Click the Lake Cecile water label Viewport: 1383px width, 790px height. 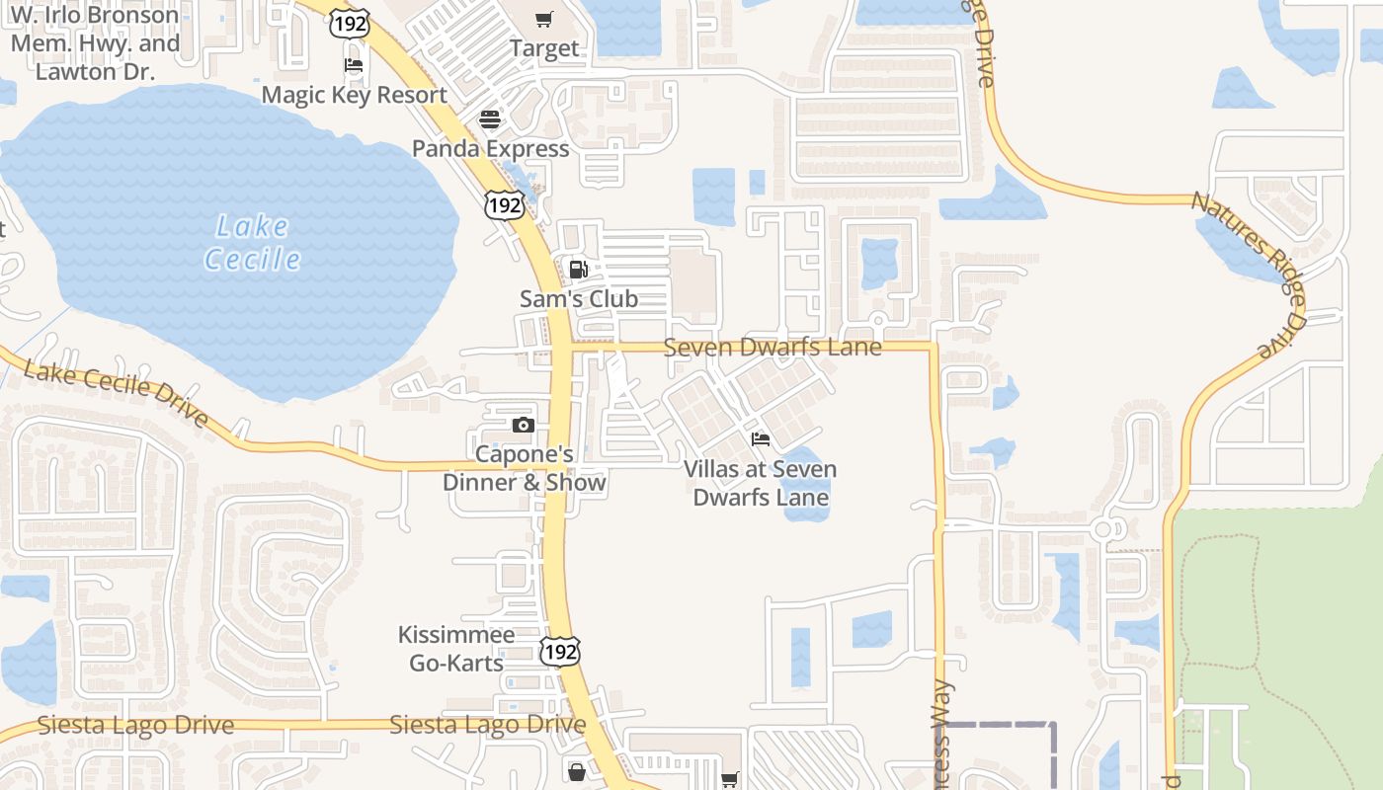(252, 243)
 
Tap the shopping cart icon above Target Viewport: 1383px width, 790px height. (544, 19)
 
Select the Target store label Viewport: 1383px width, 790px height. (544, 47)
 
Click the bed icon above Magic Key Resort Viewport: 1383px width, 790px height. (354, 66)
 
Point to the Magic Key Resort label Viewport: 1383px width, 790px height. (354, 95)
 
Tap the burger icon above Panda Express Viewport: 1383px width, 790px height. (490, 119)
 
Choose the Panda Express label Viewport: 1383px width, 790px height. (490, 148)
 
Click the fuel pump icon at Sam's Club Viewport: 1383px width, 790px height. (579, 269)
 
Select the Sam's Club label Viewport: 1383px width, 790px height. (579, 298)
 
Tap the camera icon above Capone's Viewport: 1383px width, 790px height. (524, 426)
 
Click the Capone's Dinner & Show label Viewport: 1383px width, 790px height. (524, 469)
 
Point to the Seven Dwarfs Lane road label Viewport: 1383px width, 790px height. (773, 348)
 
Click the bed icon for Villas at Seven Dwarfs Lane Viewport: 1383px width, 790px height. (760, 439)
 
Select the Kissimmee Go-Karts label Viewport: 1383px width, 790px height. (456, 648)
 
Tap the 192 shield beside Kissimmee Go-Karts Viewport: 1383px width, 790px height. (560, 651)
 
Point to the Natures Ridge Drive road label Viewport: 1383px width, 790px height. (1249, 275)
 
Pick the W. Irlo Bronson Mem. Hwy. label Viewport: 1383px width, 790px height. (95, 43)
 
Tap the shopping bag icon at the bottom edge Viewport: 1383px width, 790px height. (577, 771)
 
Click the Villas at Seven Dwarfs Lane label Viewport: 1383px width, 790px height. (760, 483)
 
